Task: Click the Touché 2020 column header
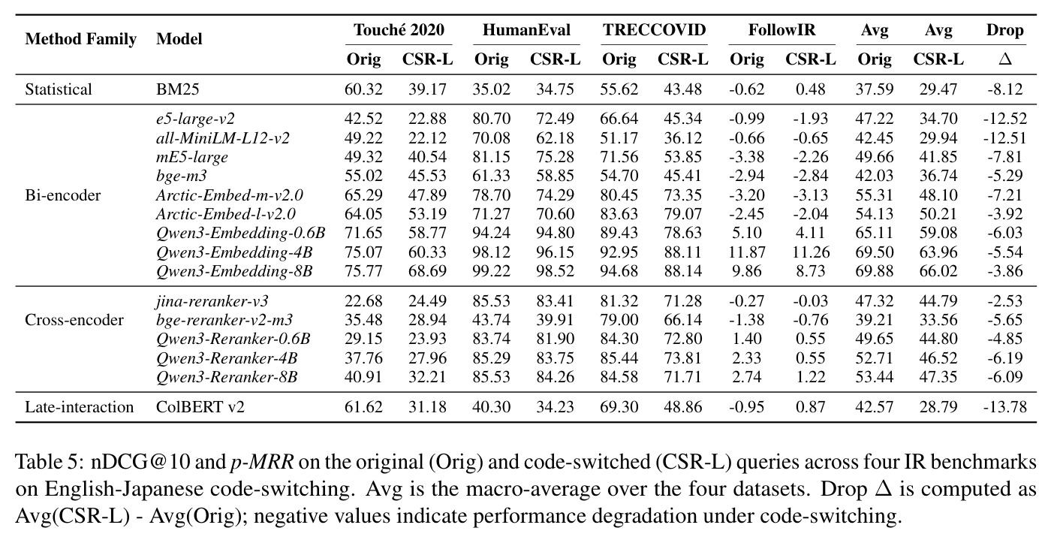[x=399, y=30]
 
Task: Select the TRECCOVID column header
[x=654, y=30]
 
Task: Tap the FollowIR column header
[x=781, y=30]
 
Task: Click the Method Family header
[x=81, y=39]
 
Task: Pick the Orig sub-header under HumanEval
[x=491, y=59]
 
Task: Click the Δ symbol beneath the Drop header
[x=1005, y=59]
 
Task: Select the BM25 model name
[x=177, y=89]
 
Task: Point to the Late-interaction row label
[x=80, y=406]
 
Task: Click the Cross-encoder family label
[x=74, y=320]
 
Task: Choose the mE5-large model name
[x=192, y=157]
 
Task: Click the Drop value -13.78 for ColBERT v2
[x=1005, y=406]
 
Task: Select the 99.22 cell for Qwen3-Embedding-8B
[x=491, y=271]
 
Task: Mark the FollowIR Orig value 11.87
[x=746, y=252]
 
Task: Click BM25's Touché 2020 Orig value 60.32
[x=363, y=89]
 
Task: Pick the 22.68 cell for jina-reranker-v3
[x=363, y=301]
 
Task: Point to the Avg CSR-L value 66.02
[x=938, y=271]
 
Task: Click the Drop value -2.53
[x=1005, y=301]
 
